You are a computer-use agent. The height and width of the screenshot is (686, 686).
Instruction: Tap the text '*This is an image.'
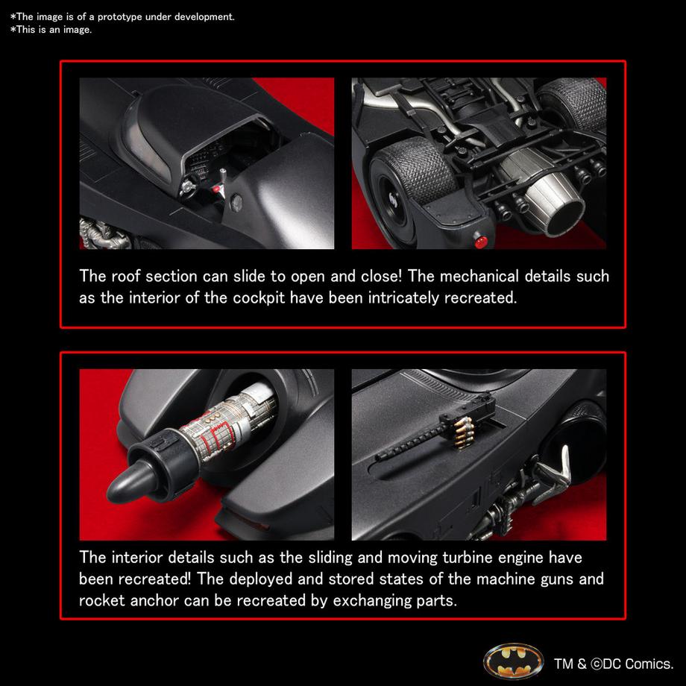51,29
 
